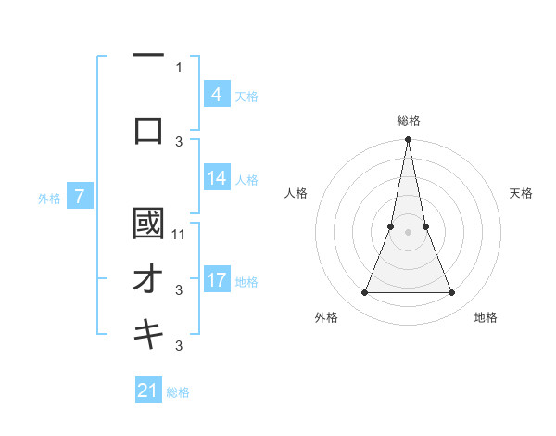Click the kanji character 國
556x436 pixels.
[148, 224]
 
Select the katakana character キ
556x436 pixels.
[148, 335]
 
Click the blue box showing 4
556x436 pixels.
[216, 94]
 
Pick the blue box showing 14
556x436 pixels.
[216, 178]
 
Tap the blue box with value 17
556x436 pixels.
[216, 280]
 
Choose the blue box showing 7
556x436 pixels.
[80, 197]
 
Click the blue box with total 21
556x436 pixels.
[148, 391]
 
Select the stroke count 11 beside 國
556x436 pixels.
[180, 235]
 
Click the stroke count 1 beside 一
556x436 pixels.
[179, 67]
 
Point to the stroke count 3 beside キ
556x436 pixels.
[179, 347]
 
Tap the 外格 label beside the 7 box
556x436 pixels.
[49, 198]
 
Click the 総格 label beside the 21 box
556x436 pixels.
[178, 391]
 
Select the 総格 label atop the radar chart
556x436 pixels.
[408, 121]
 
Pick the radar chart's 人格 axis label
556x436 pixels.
[297, 193]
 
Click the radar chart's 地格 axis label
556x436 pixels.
[486, 317]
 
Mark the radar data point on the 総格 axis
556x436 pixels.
[408, 140]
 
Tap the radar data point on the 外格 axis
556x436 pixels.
[364, 293]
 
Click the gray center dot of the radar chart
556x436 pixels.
[408, 232]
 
